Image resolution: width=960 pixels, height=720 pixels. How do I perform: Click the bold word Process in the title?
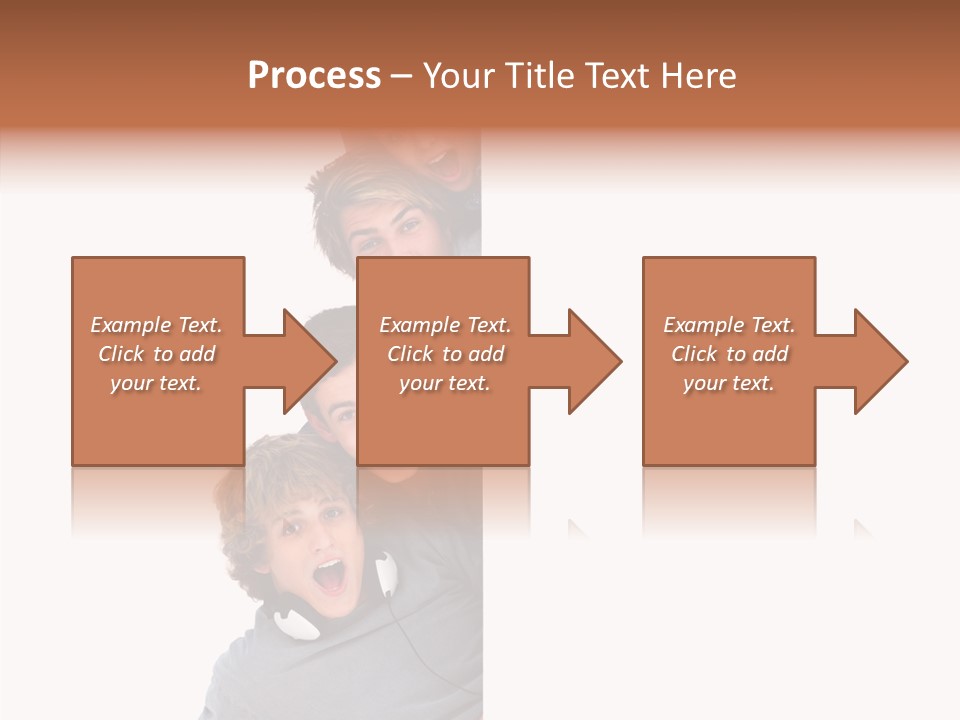point(314,76)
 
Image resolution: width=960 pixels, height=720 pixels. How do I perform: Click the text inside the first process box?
point(157,353)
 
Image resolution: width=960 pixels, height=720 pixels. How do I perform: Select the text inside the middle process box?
point(445,353)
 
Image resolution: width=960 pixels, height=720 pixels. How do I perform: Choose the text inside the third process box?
point(729,353)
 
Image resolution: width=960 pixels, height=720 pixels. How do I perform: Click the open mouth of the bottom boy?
point(330,576)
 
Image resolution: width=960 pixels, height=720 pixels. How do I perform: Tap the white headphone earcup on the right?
point(386,574)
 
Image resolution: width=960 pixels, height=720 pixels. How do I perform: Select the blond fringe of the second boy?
point(365,195)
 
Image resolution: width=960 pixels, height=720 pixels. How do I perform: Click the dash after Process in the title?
point(401,77)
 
